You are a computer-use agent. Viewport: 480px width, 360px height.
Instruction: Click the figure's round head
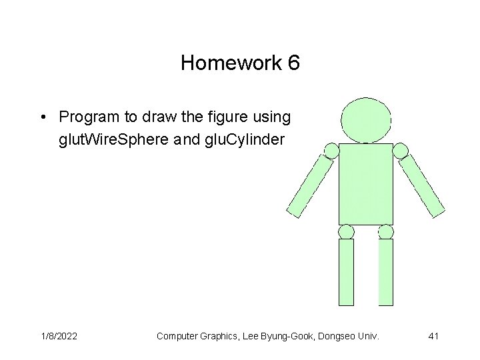pos(366,120)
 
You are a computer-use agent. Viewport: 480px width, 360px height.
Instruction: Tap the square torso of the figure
pos(366,183)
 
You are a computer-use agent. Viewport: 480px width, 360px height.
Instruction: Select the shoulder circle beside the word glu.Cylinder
pos(331,150)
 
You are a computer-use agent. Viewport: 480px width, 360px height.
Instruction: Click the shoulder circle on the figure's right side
pos(401,151)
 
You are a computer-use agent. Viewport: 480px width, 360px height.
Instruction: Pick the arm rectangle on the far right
pos(423,185)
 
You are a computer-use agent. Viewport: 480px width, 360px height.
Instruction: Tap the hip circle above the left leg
pos(347,231)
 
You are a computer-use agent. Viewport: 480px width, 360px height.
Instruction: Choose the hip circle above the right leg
pos(385,231)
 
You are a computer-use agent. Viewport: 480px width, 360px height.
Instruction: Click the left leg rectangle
pos(347,271)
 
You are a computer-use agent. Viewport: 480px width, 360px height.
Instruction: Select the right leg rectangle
pos(386,271)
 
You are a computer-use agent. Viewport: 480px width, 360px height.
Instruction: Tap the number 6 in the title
pos(293,64)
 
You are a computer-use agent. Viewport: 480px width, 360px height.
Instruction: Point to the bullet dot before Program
pos(42,118)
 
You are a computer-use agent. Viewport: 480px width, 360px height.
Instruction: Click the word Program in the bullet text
pos(85,117)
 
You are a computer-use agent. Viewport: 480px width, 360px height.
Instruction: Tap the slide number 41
pos(433,337)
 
